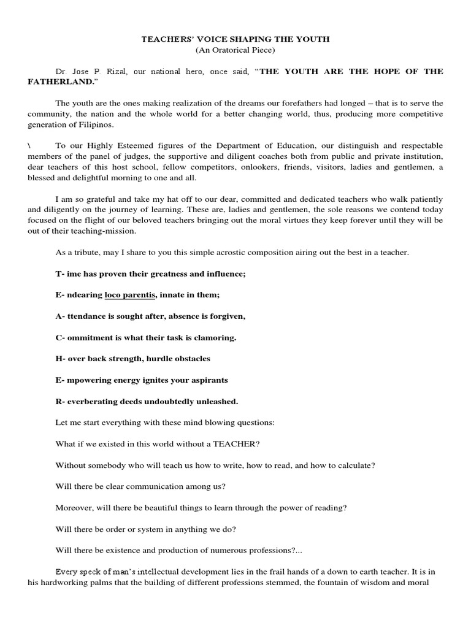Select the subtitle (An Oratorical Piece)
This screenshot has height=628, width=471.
point(235,50)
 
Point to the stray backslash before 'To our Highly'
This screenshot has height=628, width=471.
point(29,145)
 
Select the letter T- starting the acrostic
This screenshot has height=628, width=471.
point(59,274)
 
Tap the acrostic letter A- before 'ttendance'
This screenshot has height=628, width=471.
point(60,316)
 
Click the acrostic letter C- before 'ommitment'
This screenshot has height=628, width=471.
point(60,338)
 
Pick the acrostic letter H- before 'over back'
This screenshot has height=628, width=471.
point(60,359)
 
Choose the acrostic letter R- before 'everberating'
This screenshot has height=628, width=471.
point(60,402)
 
